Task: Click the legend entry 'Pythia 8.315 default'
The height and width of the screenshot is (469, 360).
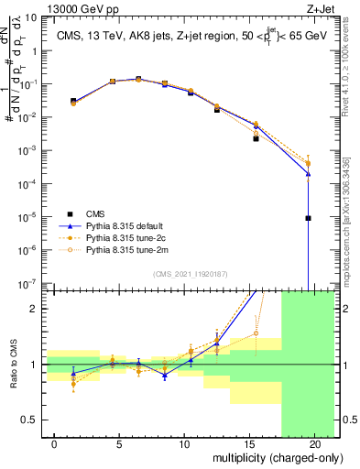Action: click(x=128, y=223)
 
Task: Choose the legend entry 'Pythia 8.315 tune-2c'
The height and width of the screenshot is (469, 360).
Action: click(x=128, y=235)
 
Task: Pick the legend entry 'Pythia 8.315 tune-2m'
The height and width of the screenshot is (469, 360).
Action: click(x=128, y=248)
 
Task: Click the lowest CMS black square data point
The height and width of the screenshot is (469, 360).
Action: click(x=309, y=218)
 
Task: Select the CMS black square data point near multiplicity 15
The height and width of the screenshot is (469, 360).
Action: click(x=256, y=139)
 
